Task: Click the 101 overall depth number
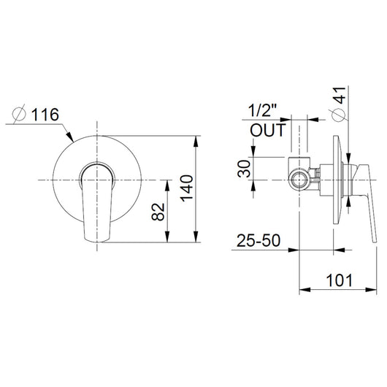point(338,280)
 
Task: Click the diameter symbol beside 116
point(20,115)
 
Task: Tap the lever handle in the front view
point(95,201)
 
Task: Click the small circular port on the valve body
point(299,180)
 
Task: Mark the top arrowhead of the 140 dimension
point(199,139)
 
